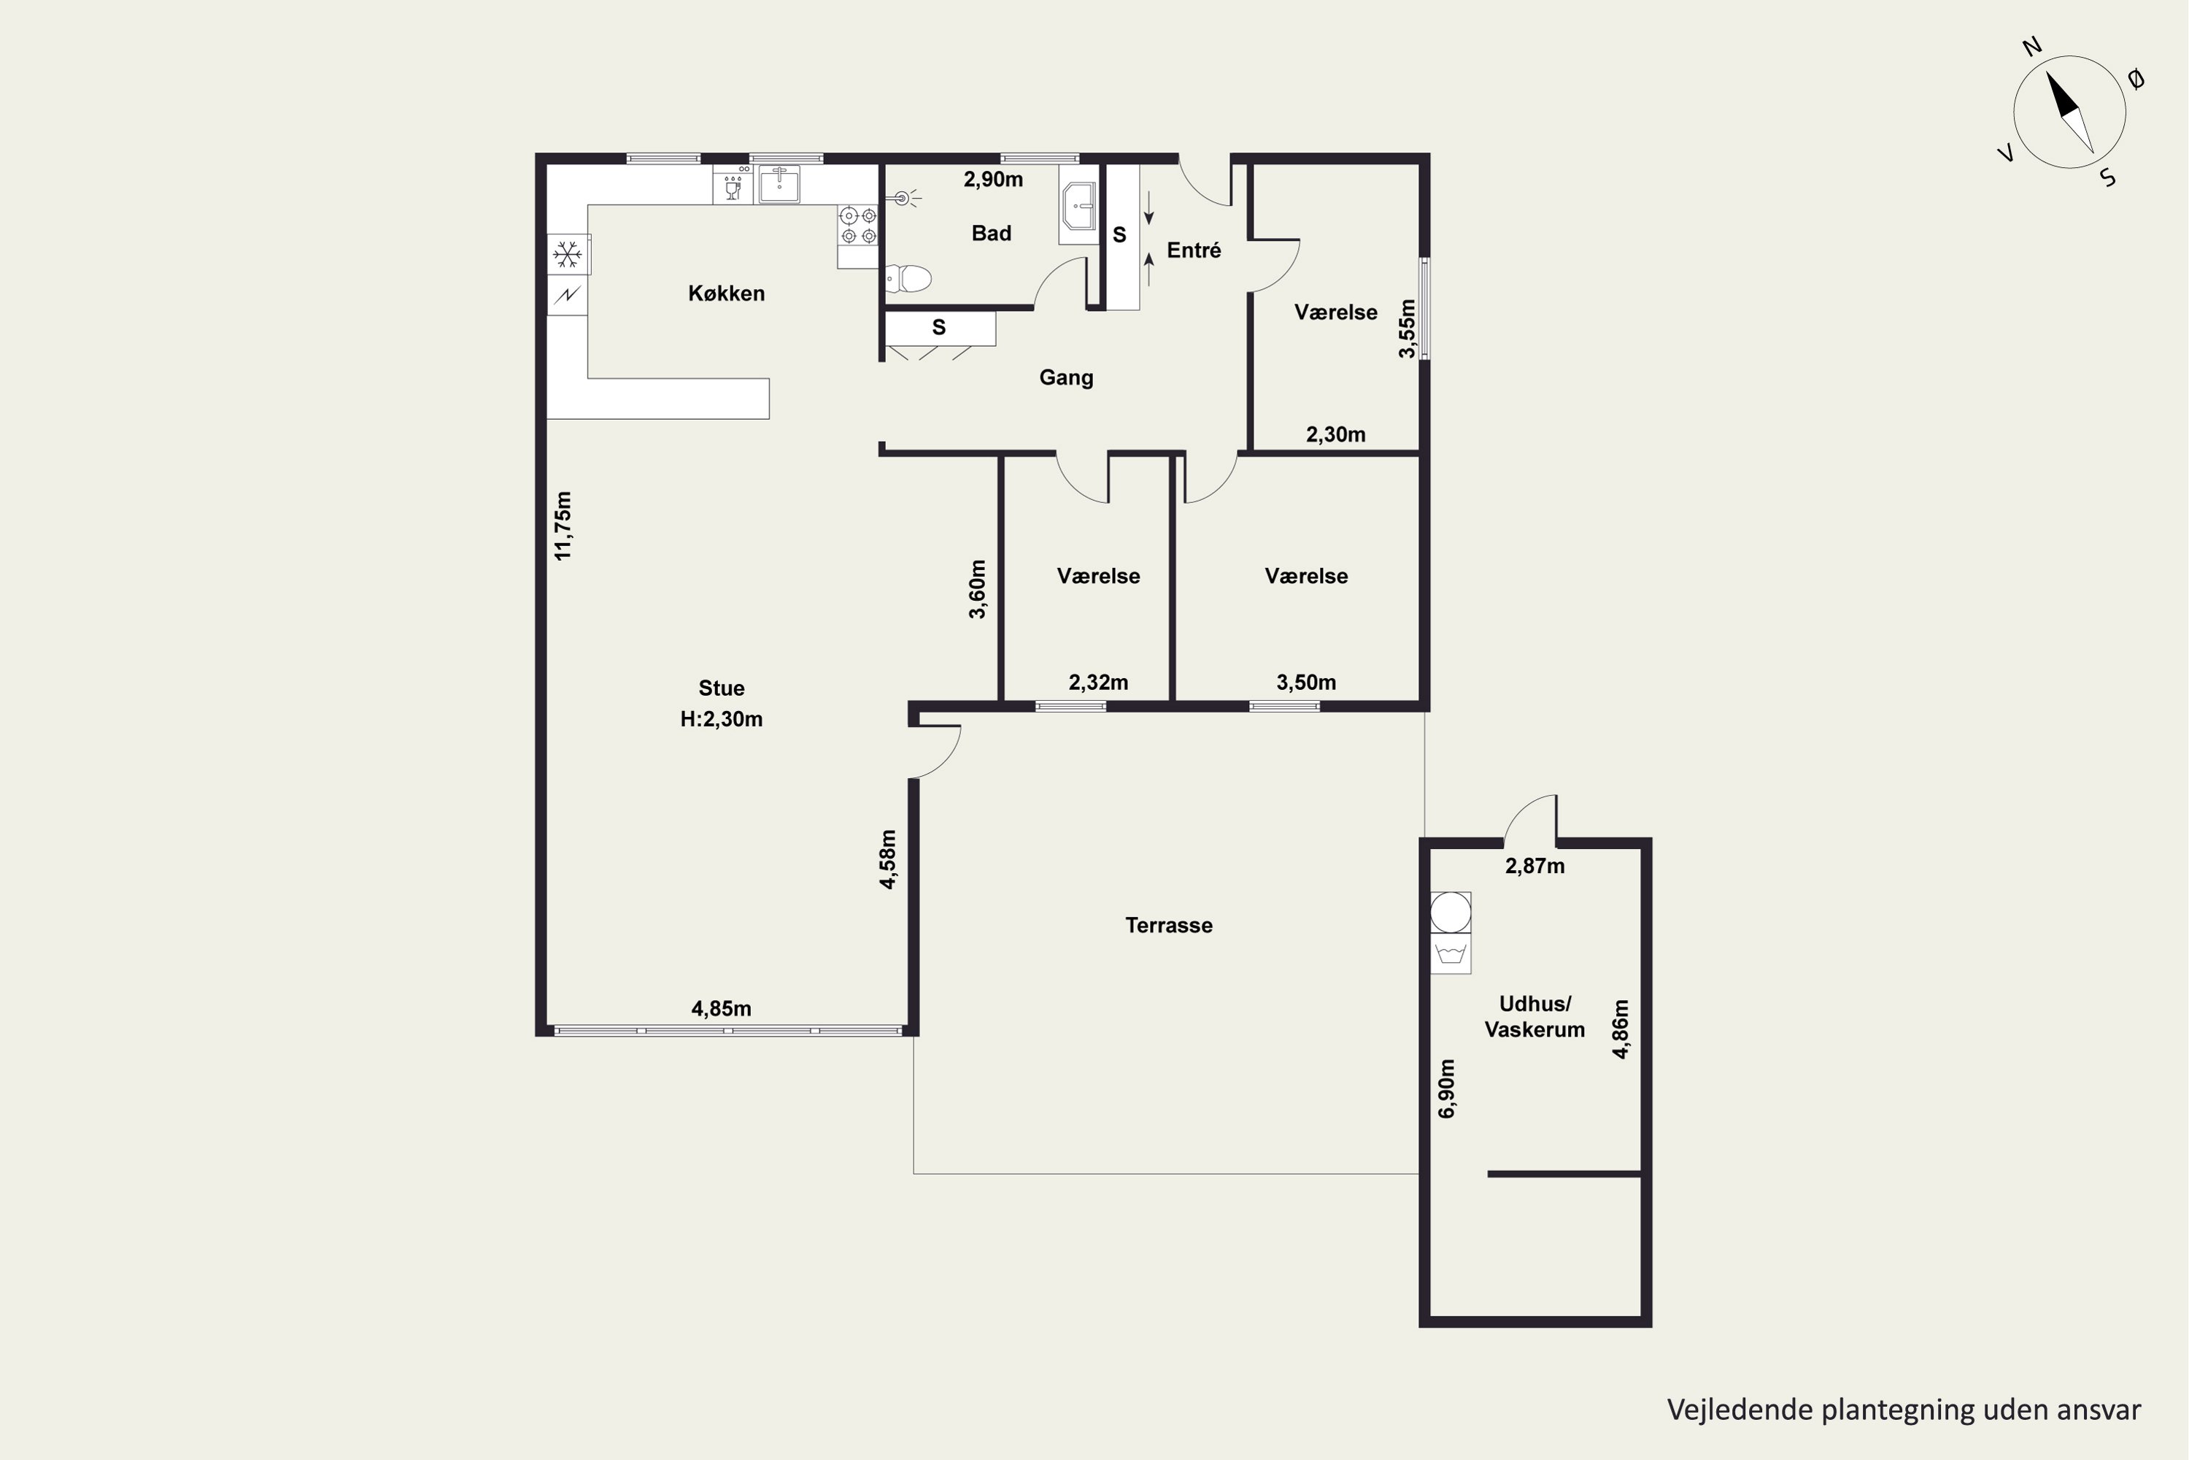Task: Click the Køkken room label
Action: point(726,293)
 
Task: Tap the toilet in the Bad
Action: point(908,277)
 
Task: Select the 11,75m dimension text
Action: point(563,526)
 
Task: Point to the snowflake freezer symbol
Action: point(567,254)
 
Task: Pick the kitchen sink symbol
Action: point(779,185)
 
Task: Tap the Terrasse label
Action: point(1169,926)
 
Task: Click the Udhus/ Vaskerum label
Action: point(1534,1017)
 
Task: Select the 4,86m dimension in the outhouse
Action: point(1621,1029)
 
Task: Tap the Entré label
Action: point(1194,250)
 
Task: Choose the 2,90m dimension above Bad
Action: point(993,180)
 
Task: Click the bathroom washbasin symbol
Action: point(1080,207)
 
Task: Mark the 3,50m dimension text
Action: point(1306,683)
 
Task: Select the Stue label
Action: point(722,688)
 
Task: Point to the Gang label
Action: point(1067,378)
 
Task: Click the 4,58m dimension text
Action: point(888,859)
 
